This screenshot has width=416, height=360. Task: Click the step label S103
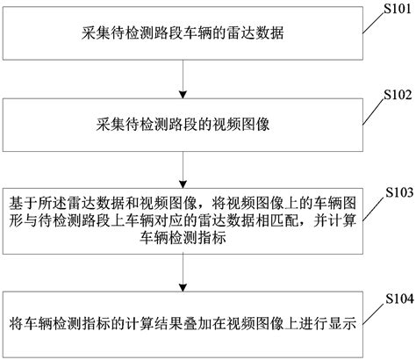click(391, 189)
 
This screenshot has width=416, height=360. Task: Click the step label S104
click(391, 298)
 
